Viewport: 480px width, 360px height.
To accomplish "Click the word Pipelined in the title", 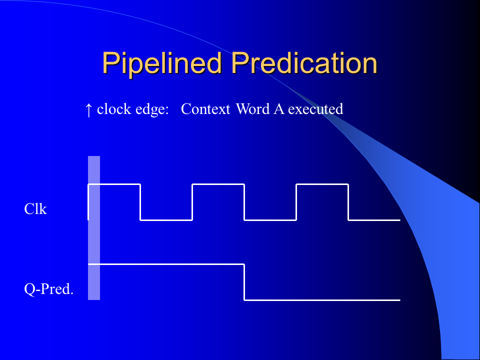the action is pyautogui.click(x=162, y=63).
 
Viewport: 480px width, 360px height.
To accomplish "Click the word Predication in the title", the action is pyautogui.click(x=304, y=63).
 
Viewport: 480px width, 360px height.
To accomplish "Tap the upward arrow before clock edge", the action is pyautogui.click(x=88, y=110).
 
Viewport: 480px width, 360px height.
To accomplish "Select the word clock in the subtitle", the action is pyautogui.click(x=114, y=109).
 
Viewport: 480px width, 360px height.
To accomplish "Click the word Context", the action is pyautogui.click(x=205, y=109).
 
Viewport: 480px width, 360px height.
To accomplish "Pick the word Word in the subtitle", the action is pyautogui.click(x=253, y=109).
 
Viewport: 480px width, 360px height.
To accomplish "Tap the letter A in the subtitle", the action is pyautogui.click(x=279, y=109).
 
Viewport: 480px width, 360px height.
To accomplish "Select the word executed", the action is pyautogui.click(x=315, y=109).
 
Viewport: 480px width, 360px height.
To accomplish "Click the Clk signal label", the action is pyautogui.click(x=35, y=209).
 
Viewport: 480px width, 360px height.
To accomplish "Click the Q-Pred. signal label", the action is pyautogui.click(x=48, y=288).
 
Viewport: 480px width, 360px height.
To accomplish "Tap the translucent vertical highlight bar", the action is pyautogui.click(x=94, y=228).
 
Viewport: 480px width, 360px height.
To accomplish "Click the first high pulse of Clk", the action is pyautogui.click(x=114, y=184).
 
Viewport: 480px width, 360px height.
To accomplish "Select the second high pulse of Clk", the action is pyautogui.click(x=218, y=184).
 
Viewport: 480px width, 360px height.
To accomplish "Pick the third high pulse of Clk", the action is pyautogui.click(x=322, y=184).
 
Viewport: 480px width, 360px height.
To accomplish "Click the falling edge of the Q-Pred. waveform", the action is pyautogui.click(x=244, y=282).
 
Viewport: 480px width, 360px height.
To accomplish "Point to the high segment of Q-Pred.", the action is pyautogui.click(x=166, y=264).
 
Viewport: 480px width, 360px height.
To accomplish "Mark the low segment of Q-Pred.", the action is pyautogui.click(x=322, y=300).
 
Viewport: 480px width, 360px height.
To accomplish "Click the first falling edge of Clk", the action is pyautogui.click(x=140, y=202).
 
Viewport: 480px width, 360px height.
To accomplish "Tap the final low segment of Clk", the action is pyautogui.click(x=374, y=220).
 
